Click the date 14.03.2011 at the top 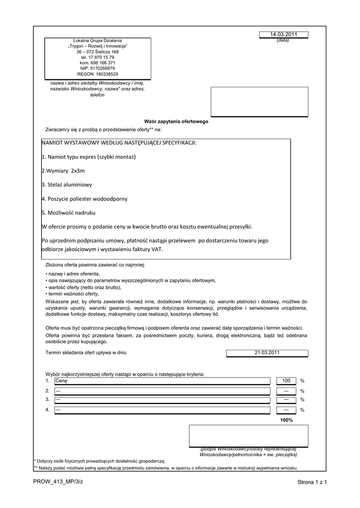(x=283, y=34)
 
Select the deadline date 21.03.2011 (x=267, y=353)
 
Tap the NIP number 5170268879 (x=97, y=68)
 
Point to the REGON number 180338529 (x=97, y=74)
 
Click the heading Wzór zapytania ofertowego (x=176, y=122)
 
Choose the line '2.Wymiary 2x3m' (x=63, y=171)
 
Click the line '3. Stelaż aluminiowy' (x=67, y=185)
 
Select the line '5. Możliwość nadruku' (x=68, y=212)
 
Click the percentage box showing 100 (x=286, y=381)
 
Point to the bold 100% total (x=287, y=420)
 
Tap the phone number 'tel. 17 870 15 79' (x=97, y=58)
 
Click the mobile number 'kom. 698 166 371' (x=97, y=63)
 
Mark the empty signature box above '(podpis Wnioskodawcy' (x=248, y=436)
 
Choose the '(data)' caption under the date (x=283, y=40)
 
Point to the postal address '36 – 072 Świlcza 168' (x=97, y=52)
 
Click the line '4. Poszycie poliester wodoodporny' (x=84, y=198)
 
